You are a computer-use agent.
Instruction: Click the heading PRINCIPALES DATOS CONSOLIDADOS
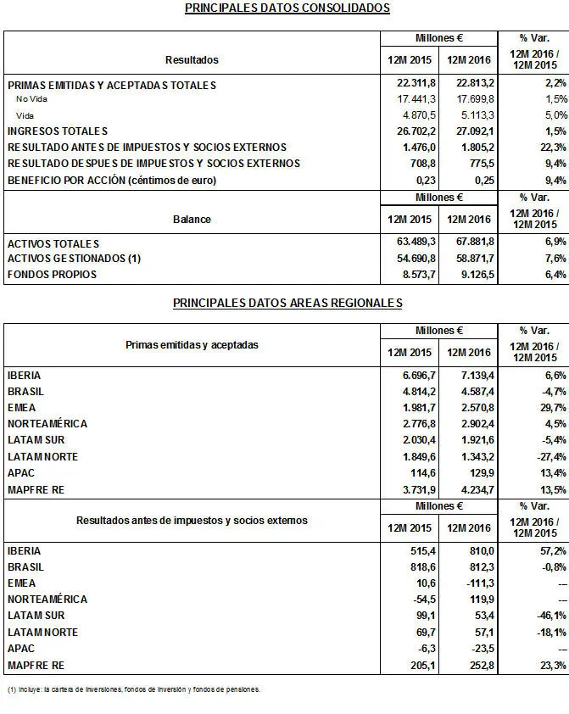(287, 8)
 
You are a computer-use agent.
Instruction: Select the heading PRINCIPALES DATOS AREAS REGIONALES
(287, 303)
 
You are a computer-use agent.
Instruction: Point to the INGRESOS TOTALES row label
(58, 131)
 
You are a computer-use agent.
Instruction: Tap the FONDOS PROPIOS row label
(52, 275)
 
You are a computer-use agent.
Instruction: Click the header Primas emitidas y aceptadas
(192, 346)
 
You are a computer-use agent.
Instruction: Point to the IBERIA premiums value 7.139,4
(470, 375)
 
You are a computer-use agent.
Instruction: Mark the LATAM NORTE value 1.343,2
(470, 456)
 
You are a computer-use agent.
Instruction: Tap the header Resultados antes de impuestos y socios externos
(192, 520)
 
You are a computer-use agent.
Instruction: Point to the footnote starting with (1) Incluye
(133, 689)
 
